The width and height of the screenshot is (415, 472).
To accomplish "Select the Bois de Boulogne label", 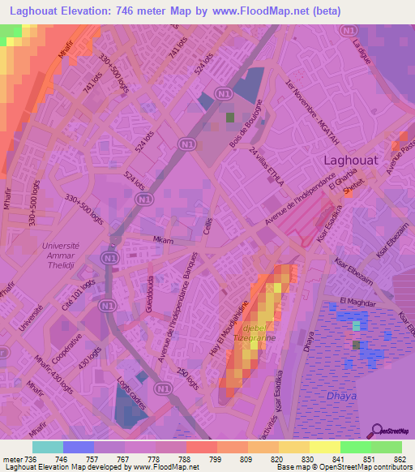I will (x=247, y=128).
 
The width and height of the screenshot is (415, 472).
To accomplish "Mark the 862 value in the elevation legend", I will (x=400, y=458).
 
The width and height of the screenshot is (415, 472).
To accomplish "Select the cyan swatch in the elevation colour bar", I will (x=48, y=447).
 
